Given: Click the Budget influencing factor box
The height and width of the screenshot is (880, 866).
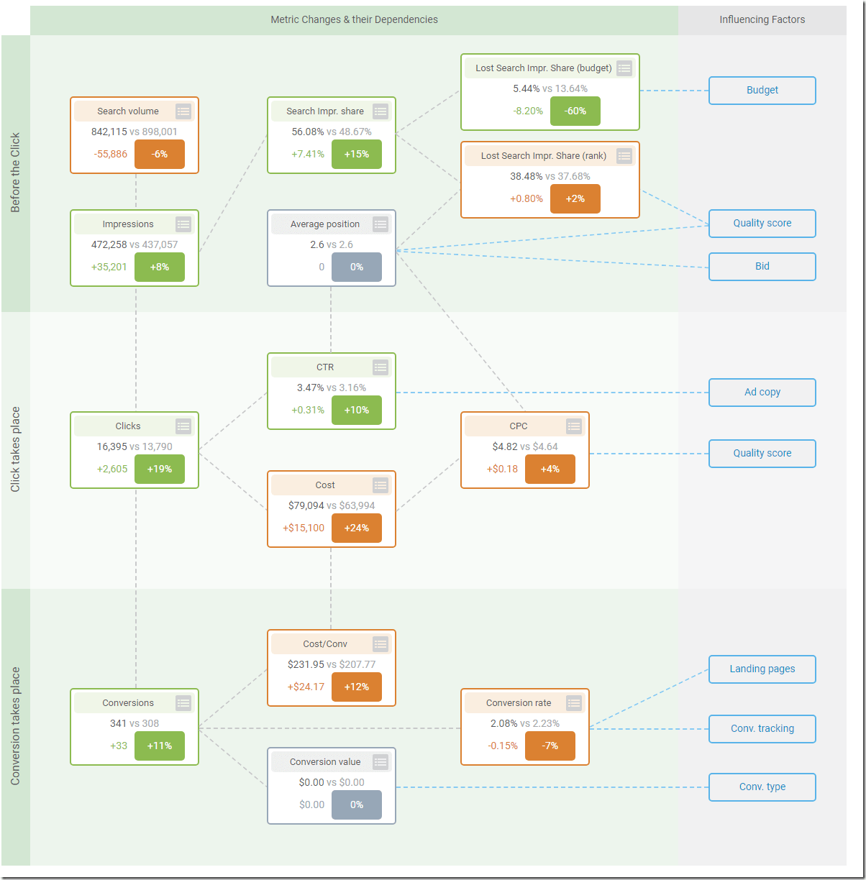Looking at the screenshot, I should pyautogui.click(x=762, y=91).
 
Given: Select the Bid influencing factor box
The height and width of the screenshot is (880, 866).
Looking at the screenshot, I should pyautogui.click(x=762, y=267).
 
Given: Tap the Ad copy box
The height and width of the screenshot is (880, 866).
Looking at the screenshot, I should pyautogui.click(x=762, y=393).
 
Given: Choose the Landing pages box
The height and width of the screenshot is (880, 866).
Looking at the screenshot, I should pyautogui.click(x=762, y=669).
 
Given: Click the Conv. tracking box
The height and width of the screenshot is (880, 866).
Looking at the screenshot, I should pyautogui.click(x=762, y=729).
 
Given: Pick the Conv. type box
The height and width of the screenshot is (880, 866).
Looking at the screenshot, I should pyautogui.click(x=762, y=787).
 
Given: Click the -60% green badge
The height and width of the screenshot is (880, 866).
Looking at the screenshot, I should pyautogui.click(x=575, y=111).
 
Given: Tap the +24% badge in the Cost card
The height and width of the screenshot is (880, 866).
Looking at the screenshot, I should pyautogui.click(x=356, y=528).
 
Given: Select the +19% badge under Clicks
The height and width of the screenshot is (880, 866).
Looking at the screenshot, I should pyautogui.click(x=159, y=469).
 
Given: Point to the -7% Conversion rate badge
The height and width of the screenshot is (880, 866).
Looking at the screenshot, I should pyautogui.click(x=550, y=746).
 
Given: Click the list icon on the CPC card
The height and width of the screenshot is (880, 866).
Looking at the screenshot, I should pyautogui.click(x=574, y=426).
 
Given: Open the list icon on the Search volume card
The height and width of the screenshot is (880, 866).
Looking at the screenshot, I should pyautogui.click(x=183, y=111).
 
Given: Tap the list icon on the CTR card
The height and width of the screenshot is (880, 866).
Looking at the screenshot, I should pyautogui.click(x=380, y=367).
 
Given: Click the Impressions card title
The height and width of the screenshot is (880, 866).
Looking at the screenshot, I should pyautogui.click(x=128, y=224).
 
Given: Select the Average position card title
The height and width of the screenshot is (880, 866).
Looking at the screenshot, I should pyautogui.click(x=324, y=224).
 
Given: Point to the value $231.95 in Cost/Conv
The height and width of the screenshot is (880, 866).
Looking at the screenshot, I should pyautogui.click(x=306, y=665).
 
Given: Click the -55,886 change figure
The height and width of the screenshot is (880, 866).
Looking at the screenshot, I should pyautogui.click(x=110, y=155).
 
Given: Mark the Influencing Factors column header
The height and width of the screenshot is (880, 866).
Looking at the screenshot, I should pyautogui.click(x=762, y=20).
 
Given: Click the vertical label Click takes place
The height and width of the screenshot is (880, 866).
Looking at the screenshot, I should pyautogui.click(x=15, y=449).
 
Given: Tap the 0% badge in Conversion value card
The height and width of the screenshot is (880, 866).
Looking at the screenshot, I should pyautogui.click(x=356, y=805).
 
